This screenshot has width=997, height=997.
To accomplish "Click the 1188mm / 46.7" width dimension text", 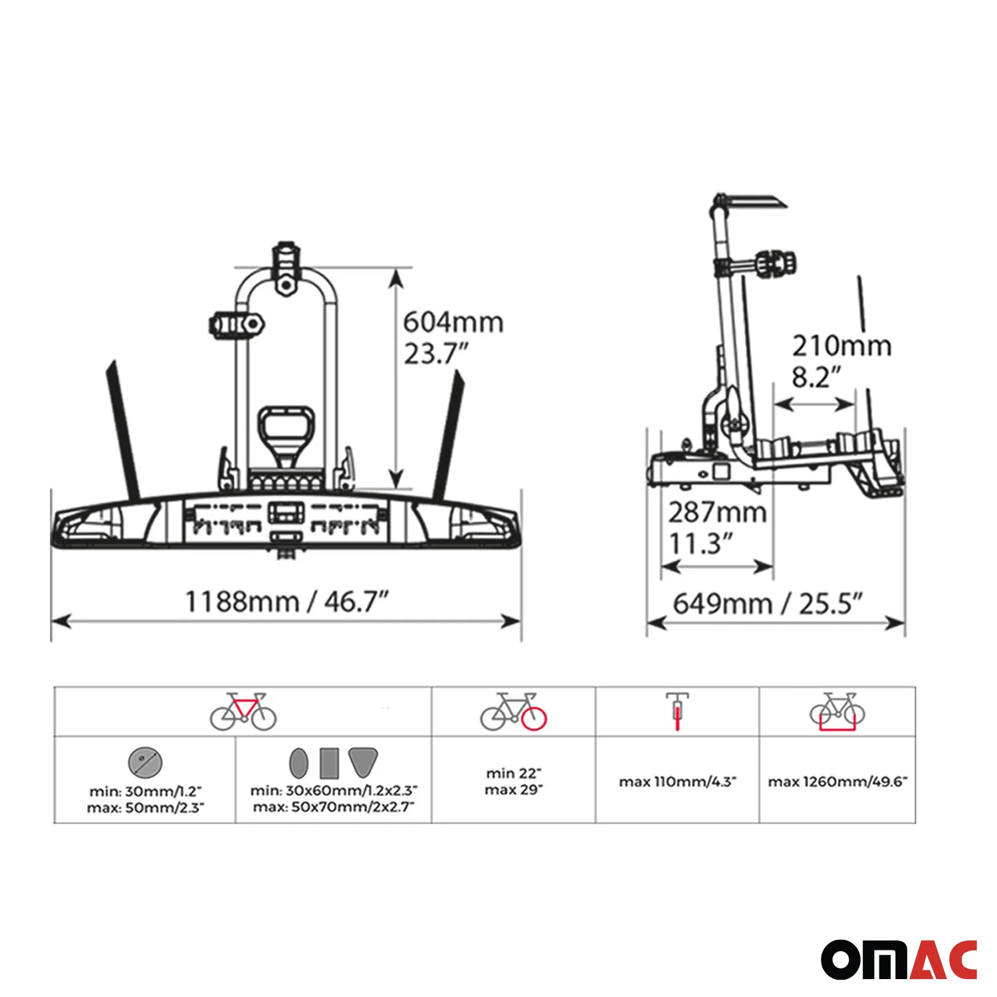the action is point(286,602).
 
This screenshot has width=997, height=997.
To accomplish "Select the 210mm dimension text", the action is point(841,346).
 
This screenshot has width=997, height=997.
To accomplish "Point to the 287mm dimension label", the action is point(718,512).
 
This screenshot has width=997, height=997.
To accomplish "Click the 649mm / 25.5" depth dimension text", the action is point(768,604).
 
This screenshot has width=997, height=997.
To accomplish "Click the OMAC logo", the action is point(899,959).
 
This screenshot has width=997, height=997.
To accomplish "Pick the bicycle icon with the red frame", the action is point(243,711).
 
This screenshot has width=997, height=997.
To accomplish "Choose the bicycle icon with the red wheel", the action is point(514,711).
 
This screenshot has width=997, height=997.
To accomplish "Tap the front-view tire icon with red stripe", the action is point(677,711).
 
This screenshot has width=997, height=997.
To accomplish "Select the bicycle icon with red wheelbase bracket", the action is point(837,711).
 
